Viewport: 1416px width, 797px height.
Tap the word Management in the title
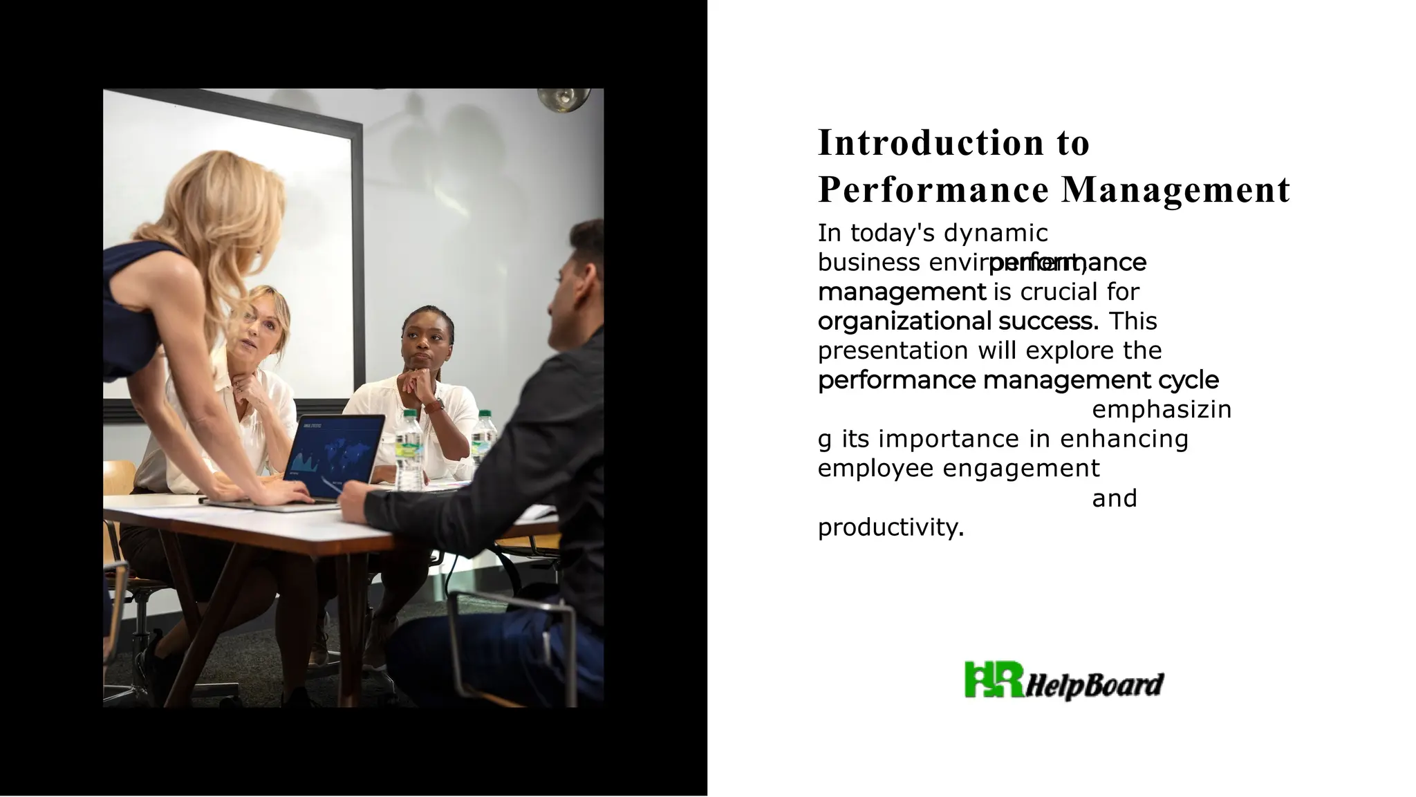pos(1175,190)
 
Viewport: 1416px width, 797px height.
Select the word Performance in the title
pos(933,190)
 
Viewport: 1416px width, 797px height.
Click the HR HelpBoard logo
pos(1063,681)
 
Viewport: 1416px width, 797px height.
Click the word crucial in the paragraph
pos(1059,292)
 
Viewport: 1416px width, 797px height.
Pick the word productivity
pos(890,528)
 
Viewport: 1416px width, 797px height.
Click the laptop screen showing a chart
pos(334,449)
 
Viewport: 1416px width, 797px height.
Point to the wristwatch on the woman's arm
pos(435,405)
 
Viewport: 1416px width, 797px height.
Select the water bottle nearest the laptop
pos(409,449)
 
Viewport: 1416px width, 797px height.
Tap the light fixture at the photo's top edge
pos(565,99)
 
